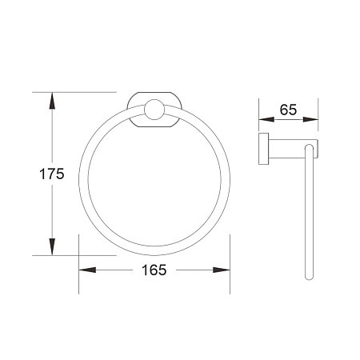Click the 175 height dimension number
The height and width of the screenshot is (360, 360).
(x=52, y=174)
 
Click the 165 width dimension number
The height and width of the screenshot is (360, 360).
(x=154, y=270)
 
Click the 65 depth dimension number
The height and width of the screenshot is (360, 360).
(x=288, y=110)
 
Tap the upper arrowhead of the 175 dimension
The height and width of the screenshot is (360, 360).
(x=52, y=101)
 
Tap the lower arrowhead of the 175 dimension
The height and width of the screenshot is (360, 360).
(x=52, y=247)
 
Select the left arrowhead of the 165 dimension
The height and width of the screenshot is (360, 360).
(x=87, y=270)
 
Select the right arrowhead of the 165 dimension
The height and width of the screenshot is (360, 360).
(x=222, y=270)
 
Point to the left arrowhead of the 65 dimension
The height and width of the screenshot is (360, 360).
(x=266, y=119)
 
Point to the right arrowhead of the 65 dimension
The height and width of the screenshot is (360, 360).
(x=310, y=119)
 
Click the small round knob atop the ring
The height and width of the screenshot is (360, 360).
(x=154, y=110)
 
